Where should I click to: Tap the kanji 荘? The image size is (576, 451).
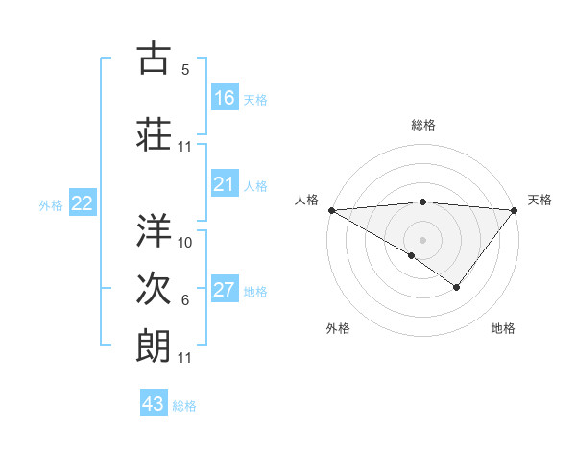pyautogui.click(x=154, y=133)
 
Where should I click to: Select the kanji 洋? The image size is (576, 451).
pyautogui.click(x=154, y=228)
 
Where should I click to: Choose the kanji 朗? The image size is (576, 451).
pyautogui.click(x=154, y=344)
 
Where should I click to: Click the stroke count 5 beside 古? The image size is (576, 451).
pyautogui.click(x=185, y=70)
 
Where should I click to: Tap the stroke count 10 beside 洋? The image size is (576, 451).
pyautogui.click(x=185, y=242)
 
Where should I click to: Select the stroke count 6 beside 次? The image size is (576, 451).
pyautogui.click(x=185, y=301)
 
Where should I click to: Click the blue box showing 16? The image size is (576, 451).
pyautogui.click(x=225, y=98)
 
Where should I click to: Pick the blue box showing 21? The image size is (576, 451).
pyautogui.click(x=225, y=184)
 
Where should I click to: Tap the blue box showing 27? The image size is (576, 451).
pyautogui.click(x=225, y=290)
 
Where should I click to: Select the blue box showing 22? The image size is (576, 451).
pyautogui.click(x=83, y=203)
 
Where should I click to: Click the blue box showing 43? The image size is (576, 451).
pyautogui.click(x=154, y=404)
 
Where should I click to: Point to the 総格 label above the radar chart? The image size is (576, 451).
pyautogui.click(x=423, y=125)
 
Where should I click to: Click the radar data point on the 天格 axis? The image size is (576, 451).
pyautogui.click(x=515, y=210)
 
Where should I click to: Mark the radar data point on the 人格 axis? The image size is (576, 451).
pyautogui.click(x=331, y=210)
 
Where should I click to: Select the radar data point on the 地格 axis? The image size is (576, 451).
pyautogui.click(x=457, y=287)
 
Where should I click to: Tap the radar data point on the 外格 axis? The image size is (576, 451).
pyautogui.click(x=412, y=255)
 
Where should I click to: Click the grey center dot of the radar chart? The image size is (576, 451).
pyautogui.click(x=422, y=239)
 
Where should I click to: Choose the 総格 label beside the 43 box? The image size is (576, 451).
pyautogui.click(x=185, y=406)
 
